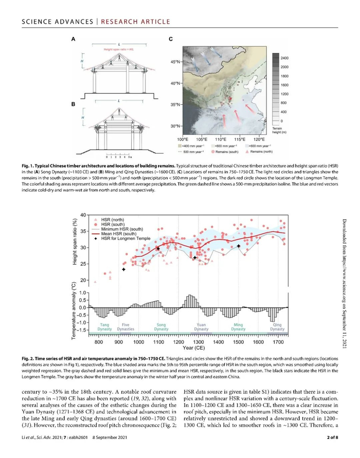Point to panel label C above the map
click(x=171, y=39)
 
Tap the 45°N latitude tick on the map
click(x=174, y=62)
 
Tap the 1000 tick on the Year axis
click(x=138, y=341)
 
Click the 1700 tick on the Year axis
click(x=278, y=341)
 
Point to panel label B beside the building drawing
click(x=74, y=103)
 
